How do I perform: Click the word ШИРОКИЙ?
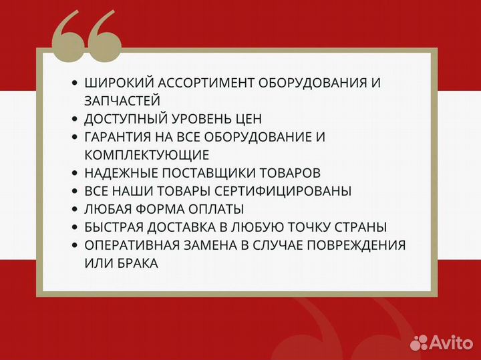117,83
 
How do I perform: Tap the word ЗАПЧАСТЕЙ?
122,101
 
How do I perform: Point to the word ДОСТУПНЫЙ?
124,119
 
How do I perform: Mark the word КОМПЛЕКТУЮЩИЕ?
147,155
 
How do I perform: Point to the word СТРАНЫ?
363,227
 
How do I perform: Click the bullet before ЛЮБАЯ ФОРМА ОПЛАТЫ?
74,209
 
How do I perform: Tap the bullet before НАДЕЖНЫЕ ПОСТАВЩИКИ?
74,173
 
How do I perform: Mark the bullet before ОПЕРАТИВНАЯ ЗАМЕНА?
74,245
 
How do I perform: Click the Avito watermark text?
450,343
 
